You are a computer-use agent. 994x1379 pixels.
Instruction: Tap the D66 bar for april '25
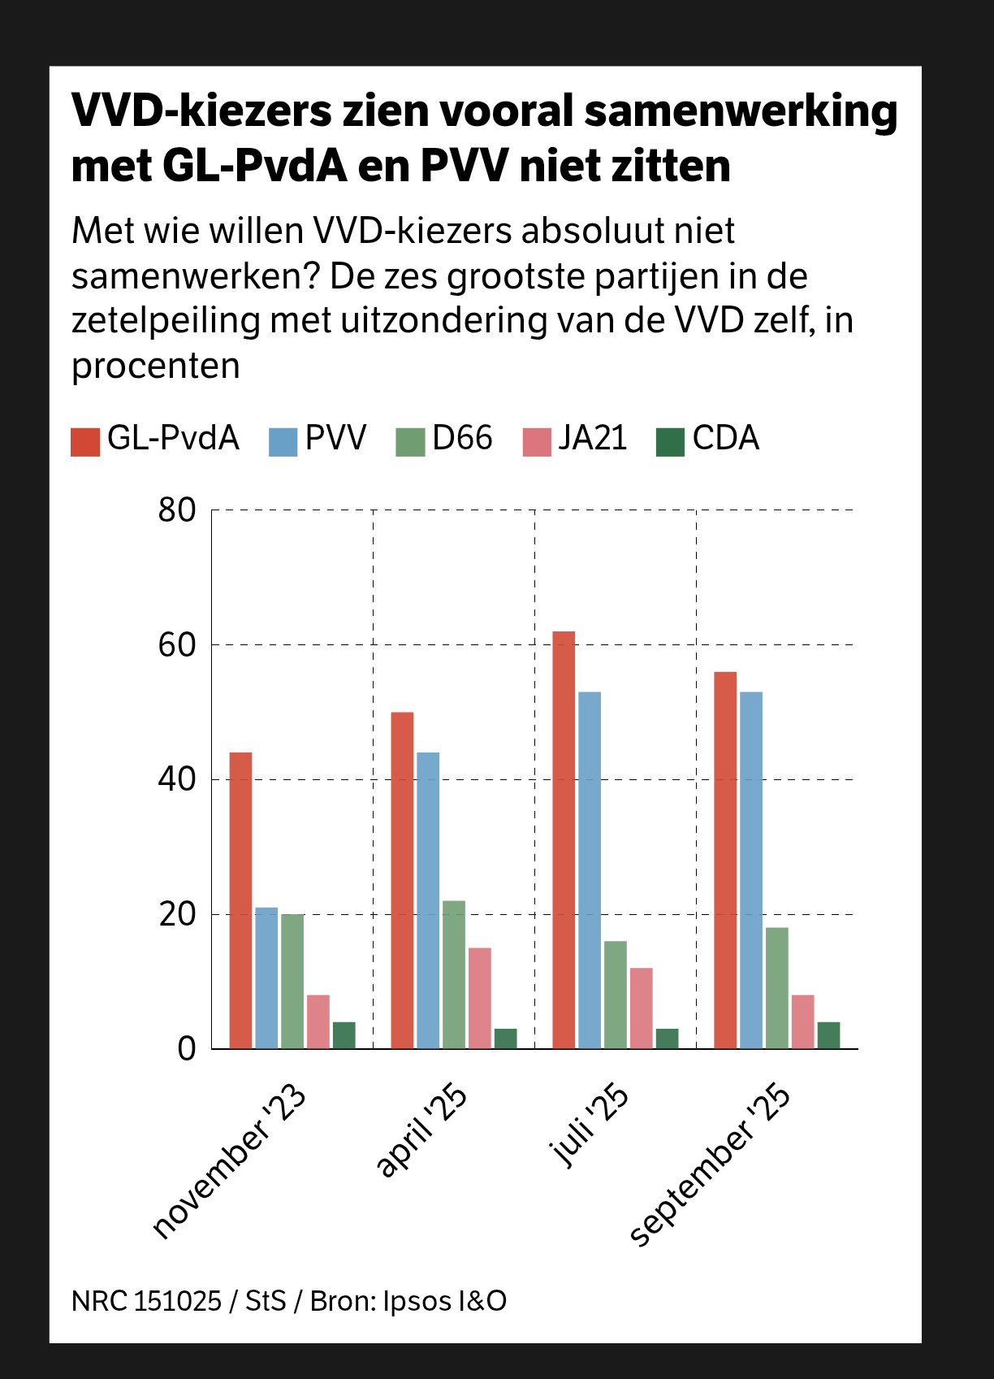pyautogui.click(x=454, y=974)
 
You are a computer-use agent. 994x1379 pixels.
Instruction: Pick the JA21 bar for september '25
pyautogui.click(x=803, y=1021)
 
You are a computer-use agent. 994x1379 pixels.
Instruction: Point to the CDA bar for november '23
pyautogui.click(x=344, y=1035)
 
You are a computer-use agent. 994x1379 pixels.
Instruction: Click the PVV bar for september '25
pyautogui.click(x=751, y=870)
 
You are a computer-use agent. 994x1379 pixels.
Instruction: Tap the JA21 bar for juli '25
pyautogui.click(x=642, y=1008)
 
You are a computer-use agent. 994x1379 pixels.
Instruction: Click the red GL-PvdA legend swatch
pyautogui.click(x=85, y=441)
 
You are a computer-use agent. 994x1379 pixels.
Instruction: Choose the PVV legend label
pyautogui.click(x=335, y=439)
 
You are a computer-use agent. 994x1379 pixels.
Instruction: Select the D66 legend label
pyautogui.click(x=462, y=439)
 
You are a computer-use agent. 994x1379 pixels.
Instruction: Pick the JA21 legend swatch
pyautogui.click(x=537, y=441)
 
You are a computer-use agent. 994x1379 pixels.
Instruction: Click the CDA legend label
pyautogui.click(x=725, y=439)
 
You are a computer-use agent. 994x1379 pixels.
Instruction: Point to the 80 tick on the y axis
pyautogui.click(x=177, y=510)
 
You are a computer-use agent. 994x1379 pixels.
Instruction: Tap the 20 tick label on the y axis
pyautogui.click(x=177, y=914)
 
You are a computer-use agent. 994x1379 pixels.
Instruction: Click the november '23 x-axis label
pyautogui.click(x=230, y=1162)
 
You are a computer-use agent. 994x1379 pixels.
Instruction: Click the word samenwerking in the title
pyautogui.click(x=741, y=111)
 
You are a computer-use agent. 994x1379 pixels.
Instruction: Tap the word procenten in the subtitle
pyautogui.click(x=156, y=366)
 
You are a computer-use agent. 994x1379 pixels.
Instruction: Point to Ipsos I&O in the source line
pyautogui.click(x=445, y=1301)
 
